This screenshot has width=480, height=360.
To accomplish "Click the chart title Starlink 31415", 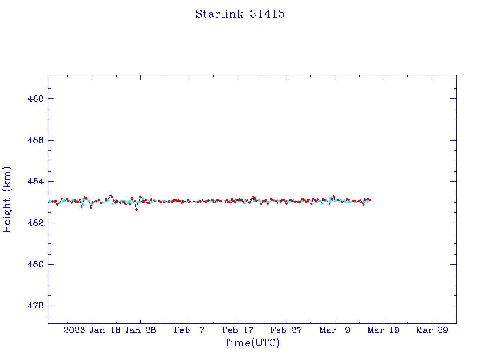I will click(240, 14).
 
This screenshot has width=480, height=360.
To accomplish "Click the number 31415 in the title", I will click(267, 14).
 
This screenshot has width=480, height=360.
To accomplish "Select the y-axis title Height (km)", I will click(7, 199).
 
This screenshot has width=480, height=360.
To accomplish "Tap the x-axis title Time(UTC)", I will click(252, 343).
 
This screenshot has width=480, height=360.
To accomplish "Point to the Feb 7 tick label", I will click(189, 330).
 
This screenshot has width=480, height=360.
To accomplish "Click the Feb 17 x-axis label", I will click(238, 330).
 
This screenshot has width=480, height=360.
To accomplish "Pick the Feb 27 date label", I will click(286, 330).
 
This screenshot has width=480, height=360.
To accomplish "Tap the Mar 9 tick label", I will click(335, 330).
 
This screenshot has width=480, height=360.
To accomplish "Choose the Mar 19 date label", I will click(383, 330).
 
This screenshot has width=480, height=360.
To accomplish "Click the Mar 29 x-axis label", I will click(432, 330).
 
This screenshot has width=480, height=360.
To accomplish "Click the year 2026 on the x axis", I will click(74, 330).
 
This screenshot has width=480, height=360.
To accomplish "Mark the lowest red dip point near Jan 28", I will click(136, 210).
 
